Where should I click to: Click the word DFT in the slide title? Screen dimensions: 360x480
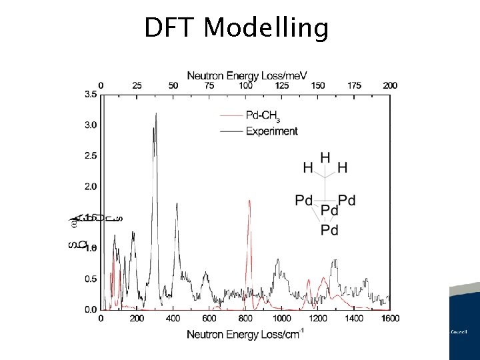click(x=171, y=28)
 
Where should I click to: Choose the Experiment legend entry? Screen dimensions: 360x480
click(x=271, y=131)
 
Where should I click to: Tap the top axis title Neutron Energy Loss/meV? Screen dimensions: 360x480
click(x=247, y=75)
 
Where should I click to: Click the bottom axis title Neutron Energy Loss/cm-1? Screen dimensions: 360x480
click(x=245, y=333)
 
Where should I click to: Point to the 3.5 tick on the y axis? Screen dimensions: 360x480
click(x=89, y=95)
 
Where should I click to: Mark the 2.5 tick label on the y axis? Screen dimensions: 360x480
click(x=89, y=155)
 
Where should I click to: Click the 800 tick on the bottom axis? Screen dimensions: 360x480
click(x=245, y=319)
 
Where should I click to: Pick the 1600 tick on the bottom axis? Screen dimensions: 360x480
click(x=390, y=319)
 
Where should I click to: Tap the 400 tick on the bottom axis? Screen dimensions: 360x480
click(x=173, y=319)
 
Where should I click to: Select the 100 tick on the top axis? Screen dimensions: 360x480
click(x=246, y=85)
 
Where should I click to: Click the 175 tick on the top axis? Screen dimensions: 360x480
click(x=355, y=85)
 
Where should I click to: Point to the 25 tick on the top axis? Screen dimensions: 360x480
click(x=137, y=85)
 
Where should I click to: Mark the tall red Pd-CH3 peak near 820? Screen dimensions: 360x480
click(x=249, y=200)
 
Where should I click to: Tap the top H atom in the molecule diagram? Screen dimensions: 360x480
click(x=325, y=157)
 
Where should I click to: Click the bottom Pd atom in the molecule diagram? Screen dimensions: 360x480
click(x=329, y=231)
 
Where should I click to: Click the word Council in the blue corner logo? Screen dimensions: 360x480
click(x=459, y=331)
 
